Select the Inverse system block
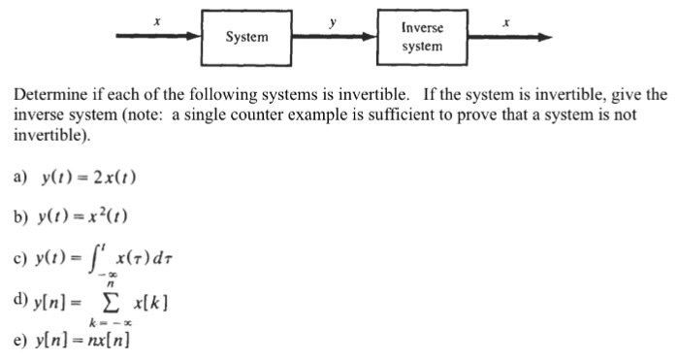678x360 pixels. [423, 37]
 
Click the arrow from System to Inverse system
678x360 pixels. [335, 37]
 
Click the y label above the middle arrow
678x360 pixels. [333, 17]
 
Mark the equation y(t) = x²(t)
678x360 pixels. [85, 216]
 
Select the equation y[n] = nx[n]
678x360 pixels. [86, 343]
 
